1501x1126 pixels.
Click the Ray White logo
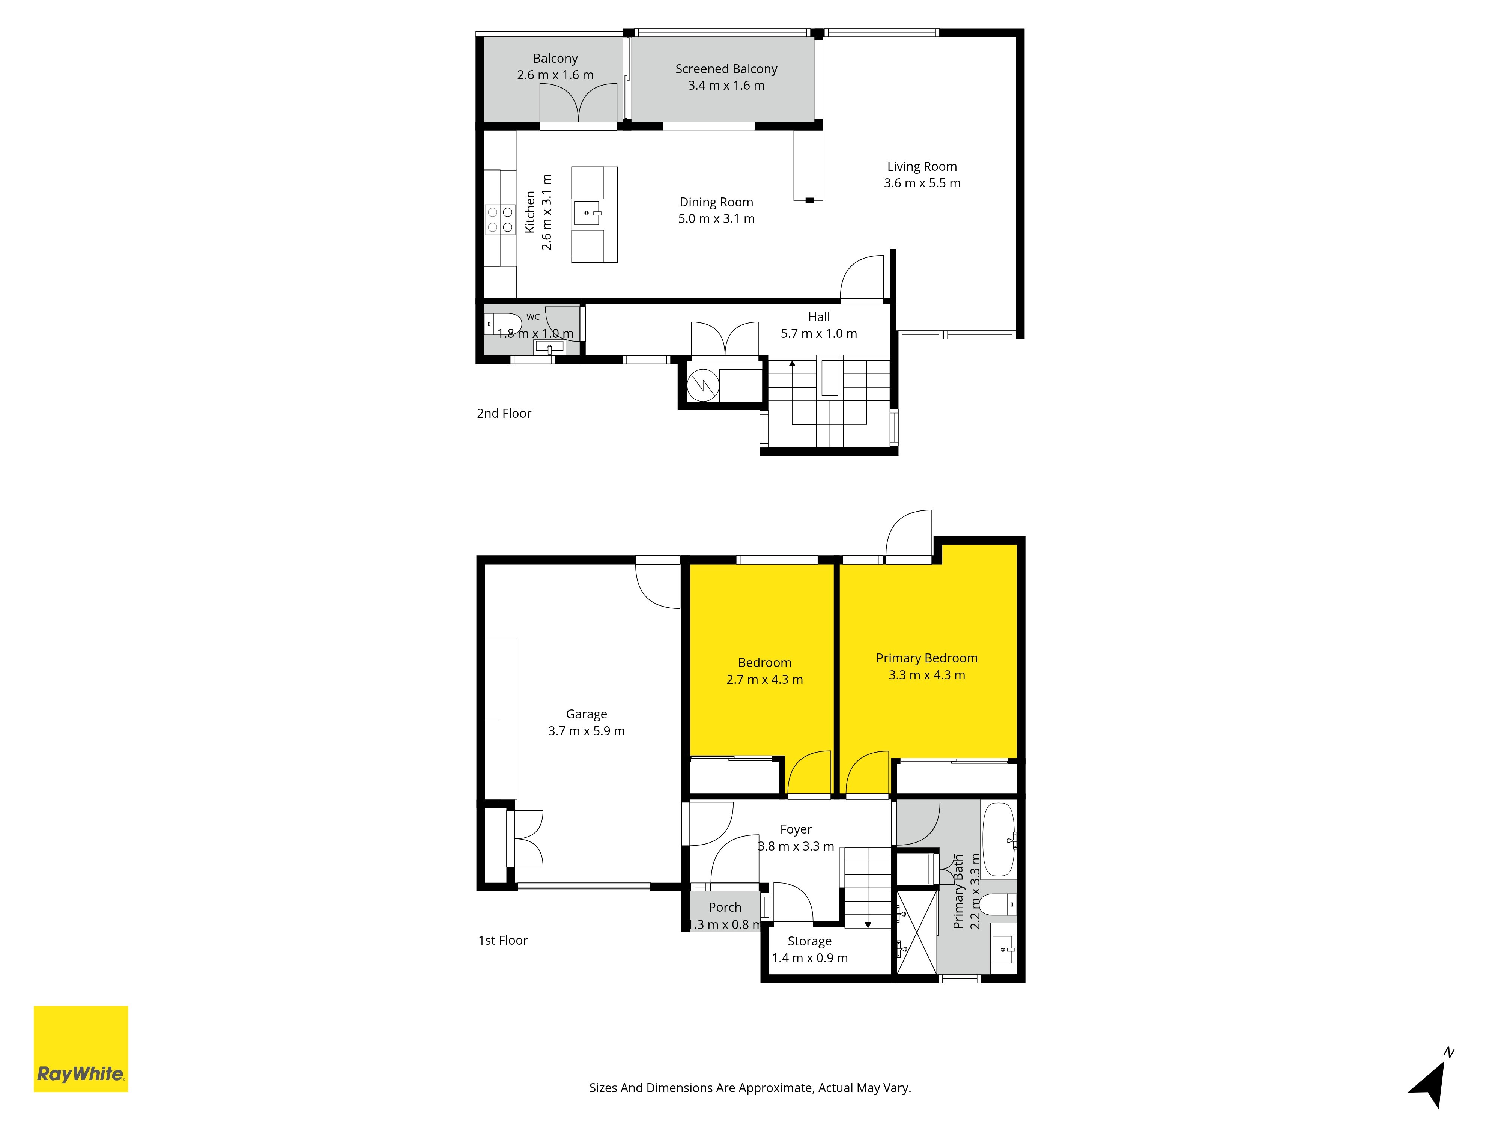point(81,1049)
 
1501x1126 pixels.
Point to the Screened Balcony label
point(726,69)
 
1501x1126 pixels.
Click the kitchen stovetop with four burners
point(500,219)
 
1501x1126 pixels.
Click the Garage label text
point(586,714)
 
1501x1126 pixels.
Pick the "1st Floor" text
point(503,940)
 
